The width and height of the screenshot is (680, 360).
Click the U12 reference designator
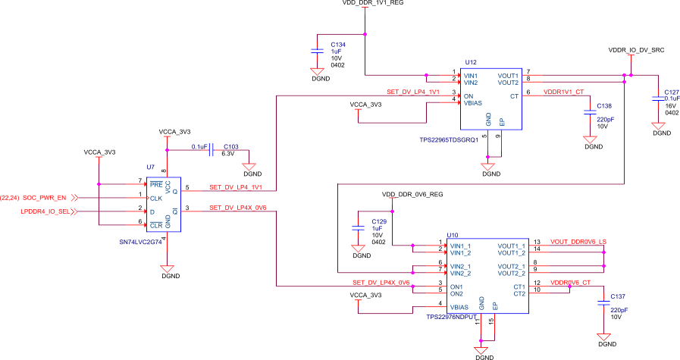[x=471, y=62]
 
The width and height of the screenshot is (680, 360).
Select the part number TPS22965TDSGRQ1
[x=448, y=139]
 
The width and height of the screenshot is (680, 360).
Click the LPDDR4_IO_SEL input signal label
[x=47, y=211]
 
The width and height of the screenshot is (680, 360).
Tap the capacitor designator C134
[x=338, y=45]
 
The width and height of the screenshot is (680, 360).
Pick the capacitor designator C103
[x=231, y=146]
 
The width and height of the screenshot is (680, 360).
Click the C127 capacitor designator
[x=671, y=92]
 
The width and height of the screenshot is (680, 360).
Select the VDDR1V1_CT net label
[x=564, y=92]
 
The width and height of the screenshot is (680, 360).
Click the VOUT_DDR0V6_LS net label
[x=578, y=242]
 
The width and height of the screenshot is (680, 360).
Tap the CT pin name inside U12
[x=514, y=96]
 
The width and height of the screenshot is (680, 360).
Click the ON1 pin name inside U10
[x=457, y=286]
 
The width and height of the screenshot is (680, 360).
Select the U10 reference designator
[x=453, y=235]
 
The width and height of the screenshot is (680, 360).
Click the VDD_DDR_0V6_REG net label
[x=412, y=194]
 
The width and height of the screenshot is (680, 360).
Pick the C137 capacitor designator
[x=618, y=296]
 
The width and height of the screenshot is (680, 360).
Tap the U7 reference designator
[x=150, y=166]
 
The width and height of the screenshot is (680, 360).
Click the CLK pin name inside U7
[x=156, y=198]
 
